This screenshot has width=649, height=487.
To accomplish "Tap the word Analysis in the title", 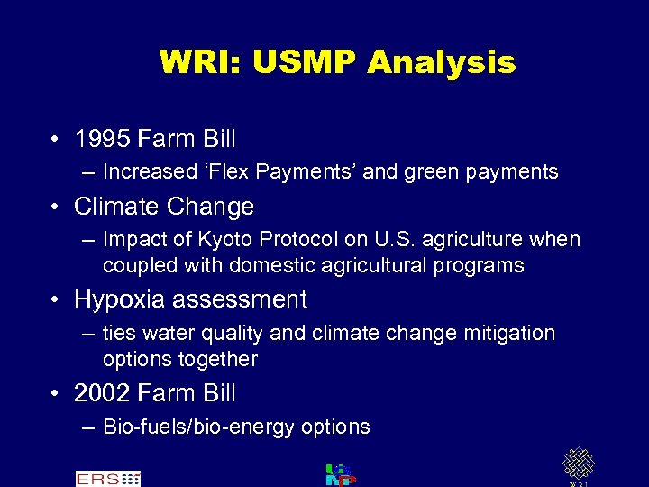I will click(442, 62).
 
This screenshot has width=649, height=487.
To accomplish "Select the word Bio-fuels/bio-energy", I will click(198, 427).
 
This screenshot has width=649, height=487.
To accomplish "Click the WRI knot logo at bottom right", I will click(578, 465).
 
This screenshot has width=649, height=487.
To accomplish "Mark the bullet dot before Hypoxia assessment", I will click(56, 300).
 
